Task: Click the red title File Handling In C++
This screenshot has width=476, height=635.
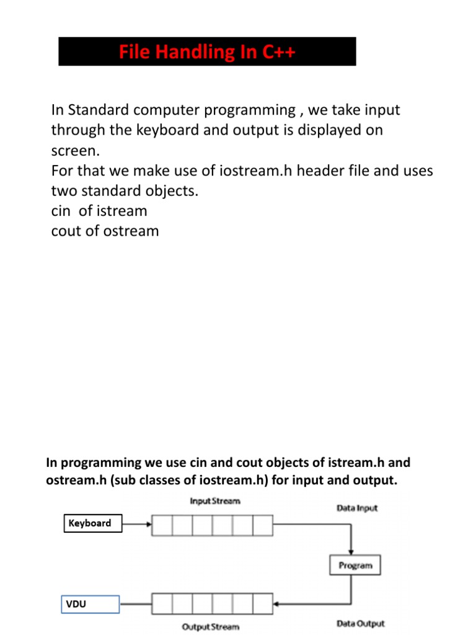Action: [x=207, y=52]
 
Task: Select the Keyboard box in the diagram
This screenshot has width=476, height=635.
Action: [x=90, y=523]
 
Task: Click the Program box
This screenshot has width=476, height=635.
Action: [x=355, y=565]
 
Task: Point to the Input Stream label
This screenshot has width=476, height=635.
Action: [x=214, y=500]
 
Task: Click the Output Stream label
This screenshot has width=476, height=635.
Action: [x=210, y=627]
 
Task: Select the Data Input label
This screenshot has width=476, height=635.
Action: [x=357, y=508]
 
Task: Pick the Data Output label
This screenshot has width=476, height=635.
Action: [x=360, y=623]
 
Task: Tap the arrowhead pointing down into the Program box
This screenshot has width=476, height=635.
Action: [x=352, y=553]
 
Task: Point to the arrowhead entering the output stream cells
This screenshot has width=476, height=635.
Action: [x=276, y=603]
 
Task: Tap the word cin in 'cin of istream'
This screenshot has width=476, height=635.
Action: [x=61, y=211]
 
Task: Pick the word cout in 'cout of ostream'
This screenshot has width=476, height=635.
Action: [x=66, y=231]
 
